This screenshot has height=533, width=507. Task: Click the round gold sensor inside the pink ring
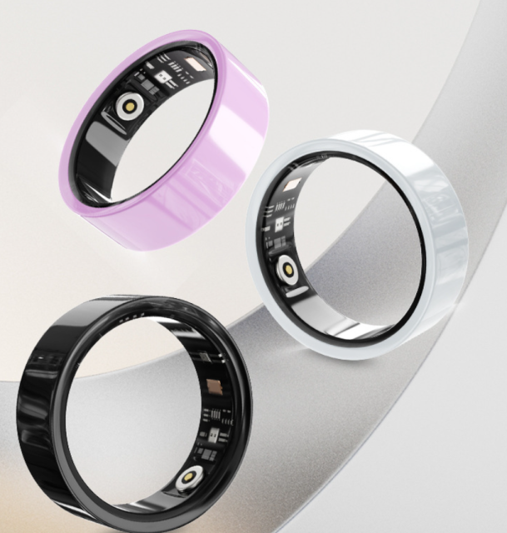130,106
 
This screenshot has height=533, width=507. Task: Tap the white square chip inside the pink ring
164,80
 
